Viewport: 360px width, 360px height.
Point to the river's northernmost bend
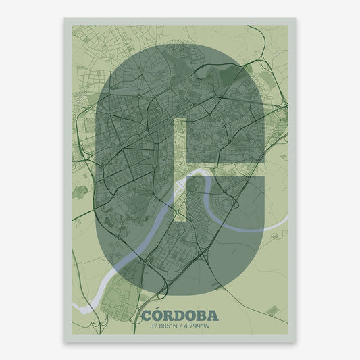coord(199,173)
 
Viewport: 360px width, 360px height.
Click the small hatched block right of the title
coord(272,310)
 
